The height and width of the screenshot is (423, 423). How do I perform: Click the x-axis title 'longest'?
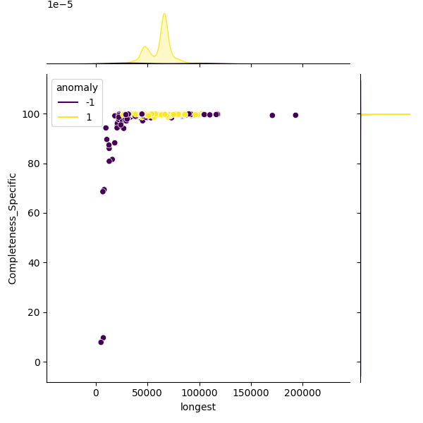pos(198,407)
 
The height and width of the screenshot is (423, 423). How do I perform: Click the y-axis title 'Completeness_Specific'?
pos(13,228)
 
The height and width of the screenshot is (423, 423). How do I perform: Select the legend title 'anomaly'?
pos(77,88)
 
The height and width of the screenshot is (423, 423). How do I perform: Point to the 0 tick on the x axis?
pos(97,393)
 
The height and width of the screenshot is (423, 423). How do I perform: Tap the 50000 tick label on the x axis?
pos(148,393)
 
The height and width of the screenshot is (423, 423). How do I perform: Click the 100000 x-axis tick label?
pos(200,393)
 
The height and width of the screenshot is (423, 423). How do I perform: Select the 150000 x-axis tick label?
pos(251,393)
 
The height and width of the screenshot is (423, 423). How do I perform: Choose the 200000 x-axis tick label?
pos(302,393)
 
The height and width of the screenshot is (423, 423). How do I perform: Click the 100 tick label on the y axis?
pos(34,114)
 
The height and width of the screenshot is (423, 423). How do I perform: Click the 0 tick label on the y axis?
pos(39,362)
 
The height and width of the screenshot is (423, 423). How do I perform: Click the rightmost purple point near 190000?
pos(295,115)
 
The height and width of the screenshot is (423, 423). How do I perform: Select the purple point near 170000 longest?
pos(272,115)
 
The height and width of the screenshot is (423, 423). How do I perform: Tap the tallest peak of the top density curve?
pos(164,13)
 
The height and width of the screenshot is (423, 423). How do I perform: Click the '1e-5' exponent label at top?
pos(60,5)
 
